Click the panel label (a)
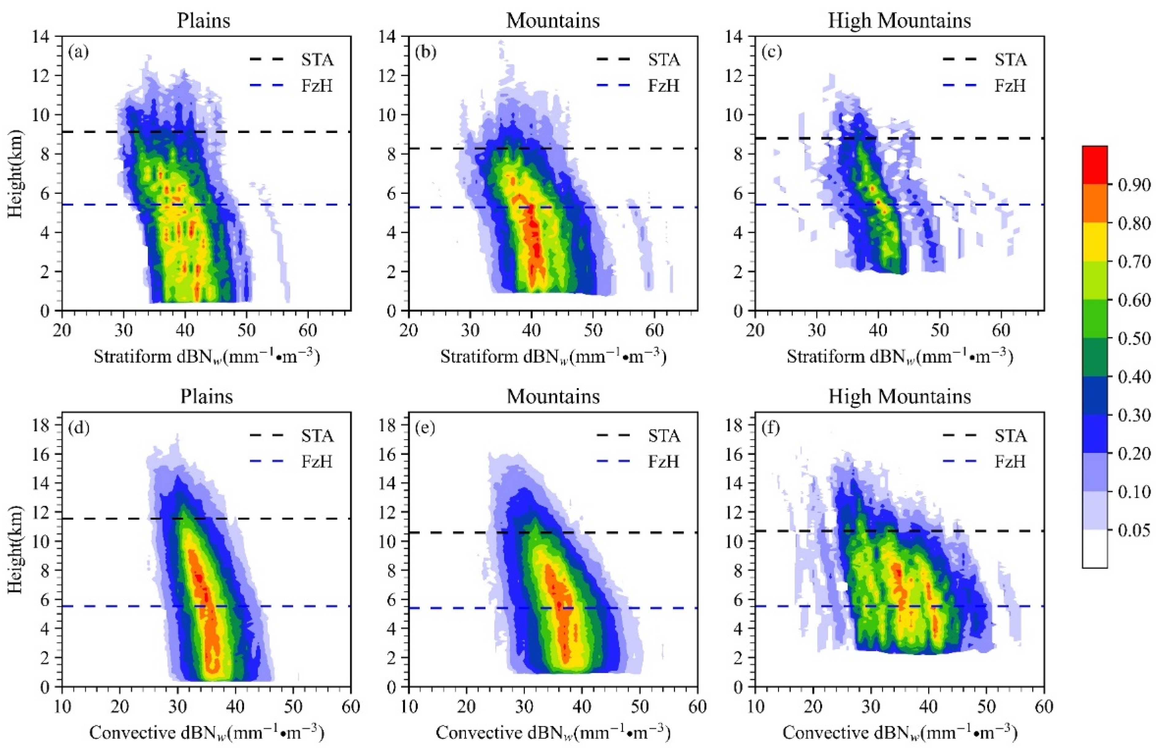(79, 51)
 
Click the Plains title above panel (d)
(206, 396)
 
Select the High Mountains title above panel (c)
(899, 21)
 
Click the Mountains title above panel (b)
(553, 21)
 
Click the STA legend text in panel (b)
(664, 60)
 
